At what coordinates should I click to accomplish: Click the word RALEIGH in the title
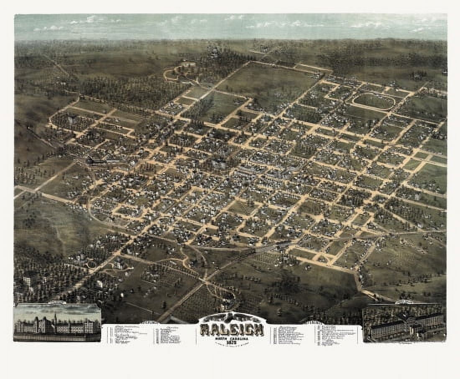coord(232,329)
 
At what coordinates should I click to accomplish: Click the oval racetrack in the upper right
coord(373,101)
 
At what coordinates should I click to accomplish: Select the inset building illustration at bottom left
coord(57,322)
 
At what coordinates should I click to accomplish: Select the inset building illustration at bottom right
coord(404,323)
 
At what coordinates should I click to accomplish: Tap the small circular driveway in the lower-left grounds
coord(91,264)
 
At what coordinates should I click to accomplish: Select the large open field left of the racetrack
coord(268,83)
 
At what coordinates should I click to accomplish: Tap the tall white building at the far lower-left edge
coord(27,282)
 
